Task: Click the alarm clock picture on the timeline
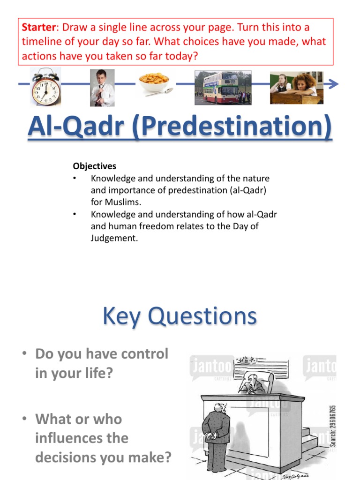[45, 87]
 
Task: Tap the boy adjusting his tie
[102, 88]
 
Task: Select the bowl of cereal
[153, 82]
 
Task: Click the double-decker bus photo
[223, 87]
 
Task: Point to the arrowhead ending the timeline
[333, 84]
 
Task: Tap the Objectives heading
[94, 166]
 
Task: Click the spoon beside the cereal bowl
[159, 92]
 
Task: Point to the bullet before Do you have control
[24, 354]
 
